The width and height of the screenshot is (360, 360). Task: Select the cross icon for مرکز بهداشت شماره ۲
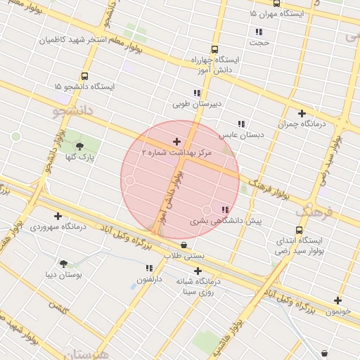pos(176,141)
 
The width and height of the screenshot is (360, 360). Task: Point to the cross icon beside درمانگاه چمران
pos(302,113)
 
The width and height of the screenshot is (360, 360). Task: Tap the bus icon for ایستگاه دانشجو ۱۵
pos(84,76)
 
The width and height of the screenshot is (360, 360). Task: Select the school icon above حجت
pos(259,32)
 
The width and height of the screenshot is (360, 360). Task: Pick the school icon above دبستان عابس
pos(241,123)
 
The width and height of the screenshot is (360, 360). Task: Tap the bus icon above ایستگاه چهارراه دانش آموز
pos(214,50)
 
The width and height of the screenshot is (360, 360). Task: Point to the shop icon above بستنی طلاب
pos(184,245)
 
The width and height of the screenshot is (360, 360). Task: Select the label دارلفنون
pos(149,279)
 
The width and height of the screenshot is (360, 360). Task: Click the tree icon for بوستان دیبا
pos(64,264)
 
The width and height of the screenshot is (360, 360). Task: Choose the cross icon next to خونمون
pos(337,300)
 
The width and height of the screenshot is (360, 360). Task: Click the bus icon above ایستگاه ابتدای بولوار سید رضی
pos(300,230)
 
